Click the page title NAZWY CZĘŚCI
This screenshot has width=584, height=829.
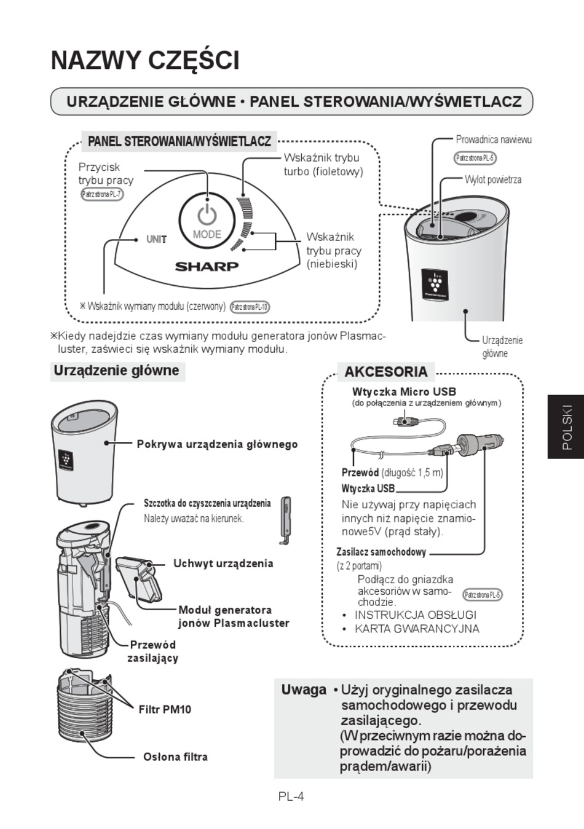click(x=145, y=60)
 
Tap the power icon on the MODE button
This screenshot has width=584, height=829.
click(x=207, y=215)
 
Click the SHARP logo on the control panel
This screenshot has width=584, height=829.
click(x=207, y=266)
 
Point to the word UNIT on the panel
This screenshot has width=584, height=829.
click(x=156, y=239)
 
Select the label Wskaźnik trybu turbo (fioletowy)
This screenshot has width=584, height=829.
click(x=323, y=165)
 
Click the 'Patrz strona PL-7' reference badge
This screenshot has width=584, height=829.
click(x=102, y=194)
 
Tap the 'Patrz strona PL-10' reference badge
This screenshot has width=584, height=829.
click(x=250, y=307)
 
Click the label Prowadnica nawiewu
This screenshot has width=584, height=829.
click(x=493, y=139)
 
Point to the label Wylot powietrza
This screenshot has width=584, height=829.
click(x=493, y=179)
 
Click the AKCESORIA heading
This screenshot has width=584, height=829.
click(x=385, y=372)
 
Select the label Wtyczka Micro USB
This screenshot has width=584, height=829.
click(x=404, y=391)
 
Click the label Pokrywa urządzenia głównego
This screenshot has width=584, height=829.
click(x=217, y=444)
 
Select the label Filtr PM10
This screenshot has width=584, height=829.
click(x=165, y=709)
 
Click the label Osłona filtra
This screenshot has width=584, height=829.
click(x=175, y=756)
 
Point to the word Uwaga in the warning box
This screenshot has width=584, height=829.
click(x=304, y=690)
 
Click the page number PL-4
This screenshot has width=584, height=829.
click(x=291, y=796)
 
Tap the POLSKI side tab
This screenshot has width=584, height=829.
click(x=566, y=426)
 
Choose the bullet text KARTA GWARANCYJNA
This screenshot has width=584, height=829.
click(x=417, y=628)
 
